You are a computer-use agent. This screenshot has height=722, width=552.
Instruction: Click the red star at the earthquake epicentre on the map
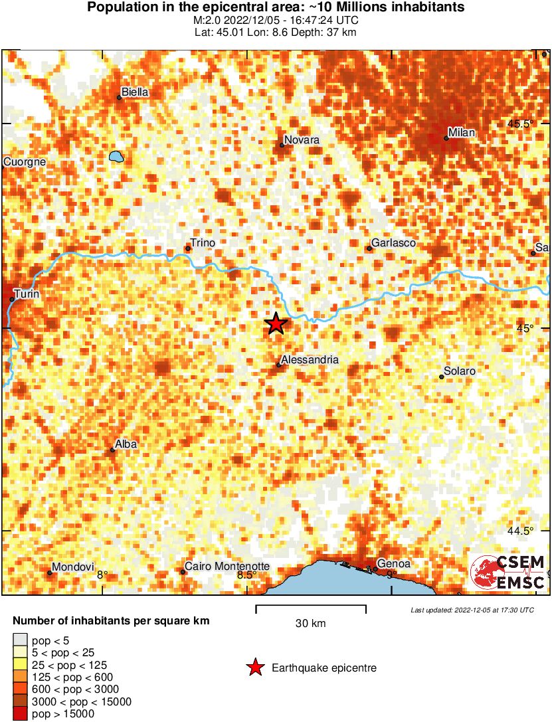[x=276, y=324]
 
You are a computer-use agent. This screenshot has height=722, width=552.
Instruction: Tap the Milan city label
[x=462, y=133]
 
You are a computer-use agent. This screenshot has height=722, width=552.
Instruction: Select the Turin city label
[x=27, y=293]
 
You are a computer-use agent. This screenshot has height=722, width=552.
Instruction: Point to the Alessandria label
[x=310, y=360]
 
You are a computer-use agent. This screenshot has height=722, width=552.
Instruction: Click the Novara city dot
[x=282, y=145]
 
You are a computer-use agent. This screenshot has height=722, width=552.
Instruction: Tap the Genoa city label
[x=394, y=564]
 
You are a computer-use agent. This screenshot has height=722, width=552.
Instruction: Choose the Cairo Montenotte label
[x=227, y=567]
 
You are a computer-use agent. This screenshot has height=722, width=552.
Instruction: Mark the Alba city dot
[x=113, y=450]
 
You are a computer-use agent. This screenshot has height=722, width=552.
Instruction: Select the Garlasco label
[x=394, y=243]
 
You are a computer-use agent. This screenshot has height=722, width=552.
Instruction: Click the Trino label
[x=203, y=243]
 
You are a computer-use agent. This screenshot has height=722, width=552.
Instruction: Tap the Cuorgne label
[x=25, y=161]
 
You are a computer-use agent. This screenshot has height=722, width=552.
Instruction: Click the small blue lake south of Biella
[x=117, y=157]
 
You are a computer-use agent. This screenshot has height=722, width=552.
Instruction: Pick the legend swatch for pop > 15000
[x=20, y=714]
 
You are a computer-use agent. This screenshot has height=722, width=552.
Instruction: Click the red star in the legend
[x=254, y=668]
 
